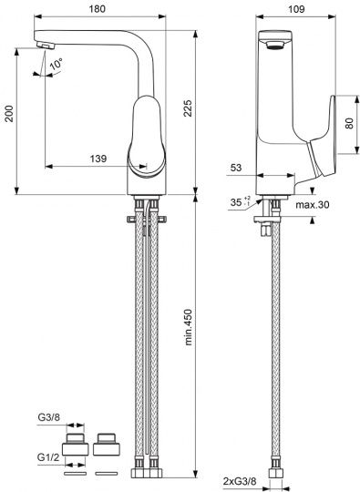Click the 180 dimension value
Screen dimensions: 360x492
[x=97, y=9]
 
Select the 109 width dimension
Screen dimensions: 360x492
[x=296, y=9]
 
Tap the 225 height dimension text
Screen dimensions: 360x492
[x=188, y=108]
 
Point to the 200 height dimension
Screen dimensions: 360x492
[x=9, y=114]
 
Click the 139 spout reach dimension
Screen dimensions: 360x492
[x=98, y=159]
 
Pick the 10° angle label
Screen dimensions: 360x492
[x=56, y=64]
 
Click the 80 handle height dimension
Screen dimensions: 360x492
[x=349, y=123]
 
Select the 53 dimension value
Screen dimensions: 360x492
[x=236, y=168]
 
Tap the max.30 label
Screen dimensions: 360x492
[x=313, y=205]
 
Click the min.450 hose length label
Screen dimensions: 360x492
[x=188, y=327]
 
